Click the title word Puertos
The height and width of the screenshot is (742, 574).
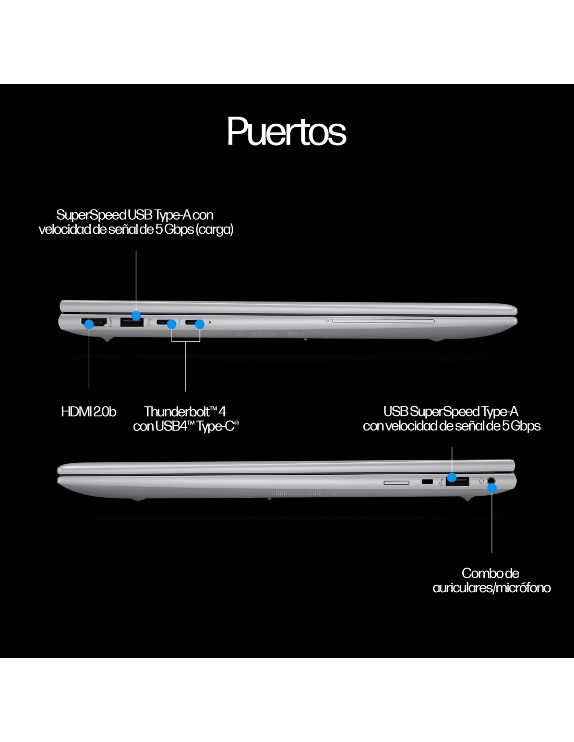pos(286,131)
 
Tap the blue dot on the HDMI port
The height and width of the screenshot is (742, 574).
pos(89,324)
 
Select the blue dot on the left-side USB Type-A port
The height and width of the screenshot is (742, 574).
pos(136,316)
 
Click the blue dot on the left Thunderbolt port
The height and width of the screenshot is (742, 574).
pos(171,324)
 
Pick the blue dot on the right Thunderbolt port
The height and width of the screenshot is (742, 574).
pos(199,324)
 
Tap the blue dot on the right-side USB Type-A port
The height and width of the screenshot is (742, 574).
pos(452,477)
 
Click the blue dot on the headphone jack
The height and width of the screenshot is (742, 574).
pos(492,488)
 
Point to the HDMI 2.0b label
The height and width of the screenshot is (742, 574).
pos(88,412)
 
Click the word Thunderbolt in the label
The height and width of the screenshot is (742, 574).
pos(176,412)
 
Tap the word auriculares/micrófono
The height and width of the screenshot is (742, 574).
pos(492,588)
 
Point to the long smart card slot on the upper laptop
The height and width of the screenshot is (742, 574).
pos(383,321)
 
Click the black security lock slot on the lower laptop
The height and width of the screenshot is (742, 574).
pos(427,481)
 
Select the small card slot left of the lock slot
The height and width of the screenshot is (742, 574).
pos(397,483)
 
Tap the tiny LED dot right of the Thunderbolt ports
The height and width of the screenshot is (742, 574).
pos(210,322)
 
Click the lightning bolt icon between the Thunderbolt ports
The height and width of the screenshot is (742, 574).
pos(180,322)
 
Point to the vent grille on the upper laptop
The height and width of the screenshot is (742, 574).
pos(271,334)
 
